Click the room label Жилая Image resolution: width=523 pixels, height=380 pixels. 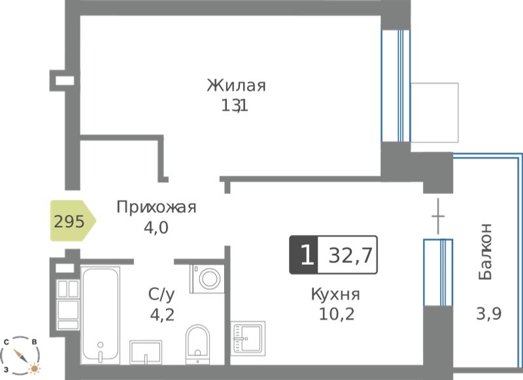pyautogui.click(x=236, y=86)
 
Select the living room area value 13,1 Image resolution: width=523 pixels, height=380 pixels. pyautogui.click(x=235, y=106)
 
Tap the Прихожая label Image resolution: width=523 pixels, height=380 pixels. pyautogui.click(x=156, y=207)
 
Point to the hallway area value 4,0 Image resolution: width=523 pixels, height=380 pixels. pyautogui.click(x=156, y=228)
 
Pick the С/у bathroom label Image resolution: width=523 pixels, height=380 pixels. pyautogui.click(x=161, y=294)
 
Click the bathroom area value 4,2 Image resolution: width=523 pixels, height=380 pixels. pyautogui.click(x=162, y=315)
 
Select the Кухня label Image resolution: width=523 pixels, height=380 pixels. pyautogui.click(x=335, y=294)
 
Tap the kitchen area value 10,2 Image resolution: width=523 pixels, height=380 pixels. pyautogui.click(x=337, y=313)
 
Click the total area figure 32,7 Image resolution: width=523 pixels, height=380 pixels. pyautogui.click(x=350, y=256)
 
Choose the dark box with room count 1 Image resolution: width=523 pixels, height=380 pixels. pyautogui.click(x=304, y=255)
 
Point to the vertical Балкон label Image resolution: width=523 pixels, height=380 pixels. pyautogui.click(x=485, y=252)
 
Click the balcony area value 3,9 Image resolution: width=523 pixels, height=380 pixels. pyautogui.click(x=488, y=313)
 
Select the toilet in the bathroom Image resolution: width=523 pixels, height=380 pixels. pyautogui.click(x=198, y=344)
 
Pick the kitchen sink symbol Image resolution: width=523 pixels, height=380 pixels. pyautogui.click(x=248, y=338)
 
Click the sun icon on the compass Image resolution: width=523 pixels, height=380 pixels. pyautogui.click(x=34, y=368)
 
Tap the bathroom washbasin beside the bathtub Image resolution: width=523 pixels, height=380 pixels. pyautogui.click(x=146, y=352)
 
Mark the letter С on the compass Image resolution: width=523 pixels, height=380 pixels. pyautogui.click(x=7, y=342)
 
